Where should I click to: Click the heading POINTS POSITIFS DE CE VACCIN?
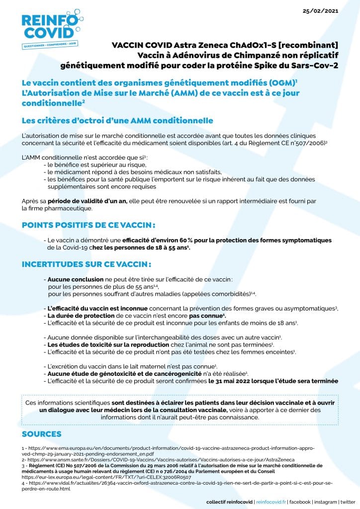coord(89,225)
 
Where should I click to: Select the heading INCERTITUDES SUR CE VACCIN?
coord(86,264)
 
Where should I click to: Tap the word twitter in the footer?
coord(348,502)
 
